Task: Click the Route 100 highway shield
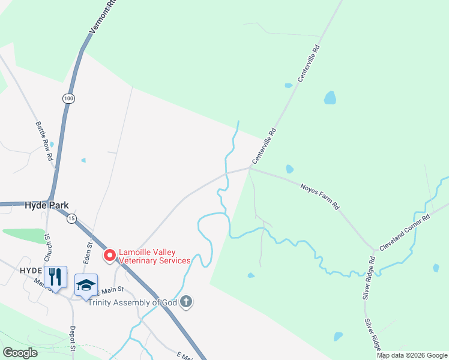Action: coord(68,98)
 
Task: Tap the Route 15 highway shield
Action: coord(71,218)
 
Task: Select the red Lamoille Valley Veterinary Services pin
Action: coord(110,256)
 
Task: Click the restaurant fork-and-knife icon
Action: coord(55,277)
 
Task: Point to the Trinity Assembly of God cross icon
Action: coord(186,302)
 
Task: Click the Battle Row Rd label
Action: coord(45,141)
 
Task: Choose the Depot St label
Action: coord(71,339)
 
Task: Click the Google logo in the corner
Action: coord(20,353)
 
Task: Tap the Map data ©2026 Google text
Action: coord(412,355)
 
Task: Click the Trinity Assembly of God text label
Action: coord(133,302)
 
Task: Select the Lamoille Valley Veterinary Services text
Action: coord(155,256)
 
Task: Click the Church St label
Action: coord(46,247)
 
